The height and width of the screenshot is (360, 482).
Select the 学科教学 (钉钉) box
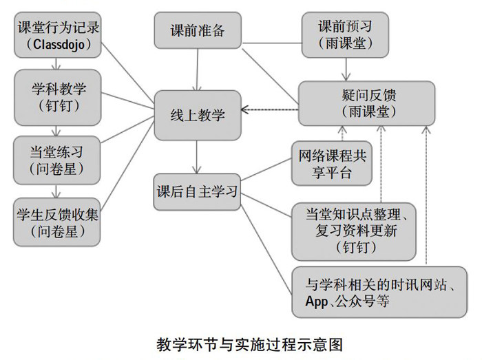[58, 96]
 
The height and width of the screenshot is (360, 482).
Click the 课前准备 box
[197, 32]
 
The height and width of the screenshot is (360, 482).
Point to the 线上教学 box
[197, 114]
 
